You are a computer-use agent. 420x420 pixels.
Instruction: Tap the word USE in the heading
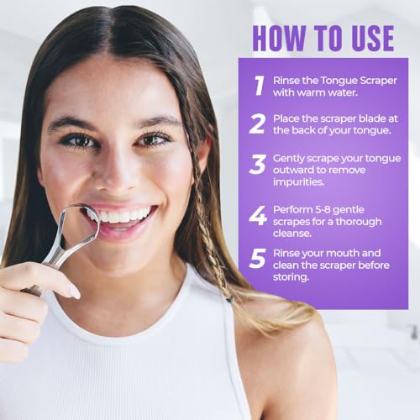373,39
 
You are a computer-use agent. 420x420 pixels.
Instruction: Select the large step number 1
260,86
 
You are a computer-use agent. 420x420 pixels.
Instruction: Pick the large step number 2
257,123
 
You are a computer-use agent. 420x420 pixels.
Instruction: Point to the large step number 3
257,165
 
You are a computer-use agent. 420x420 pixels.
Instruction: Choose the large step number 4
258,216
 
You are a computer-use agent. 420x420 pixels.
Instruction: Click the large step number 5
257,259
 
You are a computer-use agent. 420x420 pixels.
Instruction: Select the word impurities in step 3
298,182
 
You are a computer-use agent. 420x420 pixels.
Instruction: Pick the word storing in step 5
291,277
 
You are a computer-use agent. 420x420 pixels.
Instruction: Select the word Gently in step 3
288,159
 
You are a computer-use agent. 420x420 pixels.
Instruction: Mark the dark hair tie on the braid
228,300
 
